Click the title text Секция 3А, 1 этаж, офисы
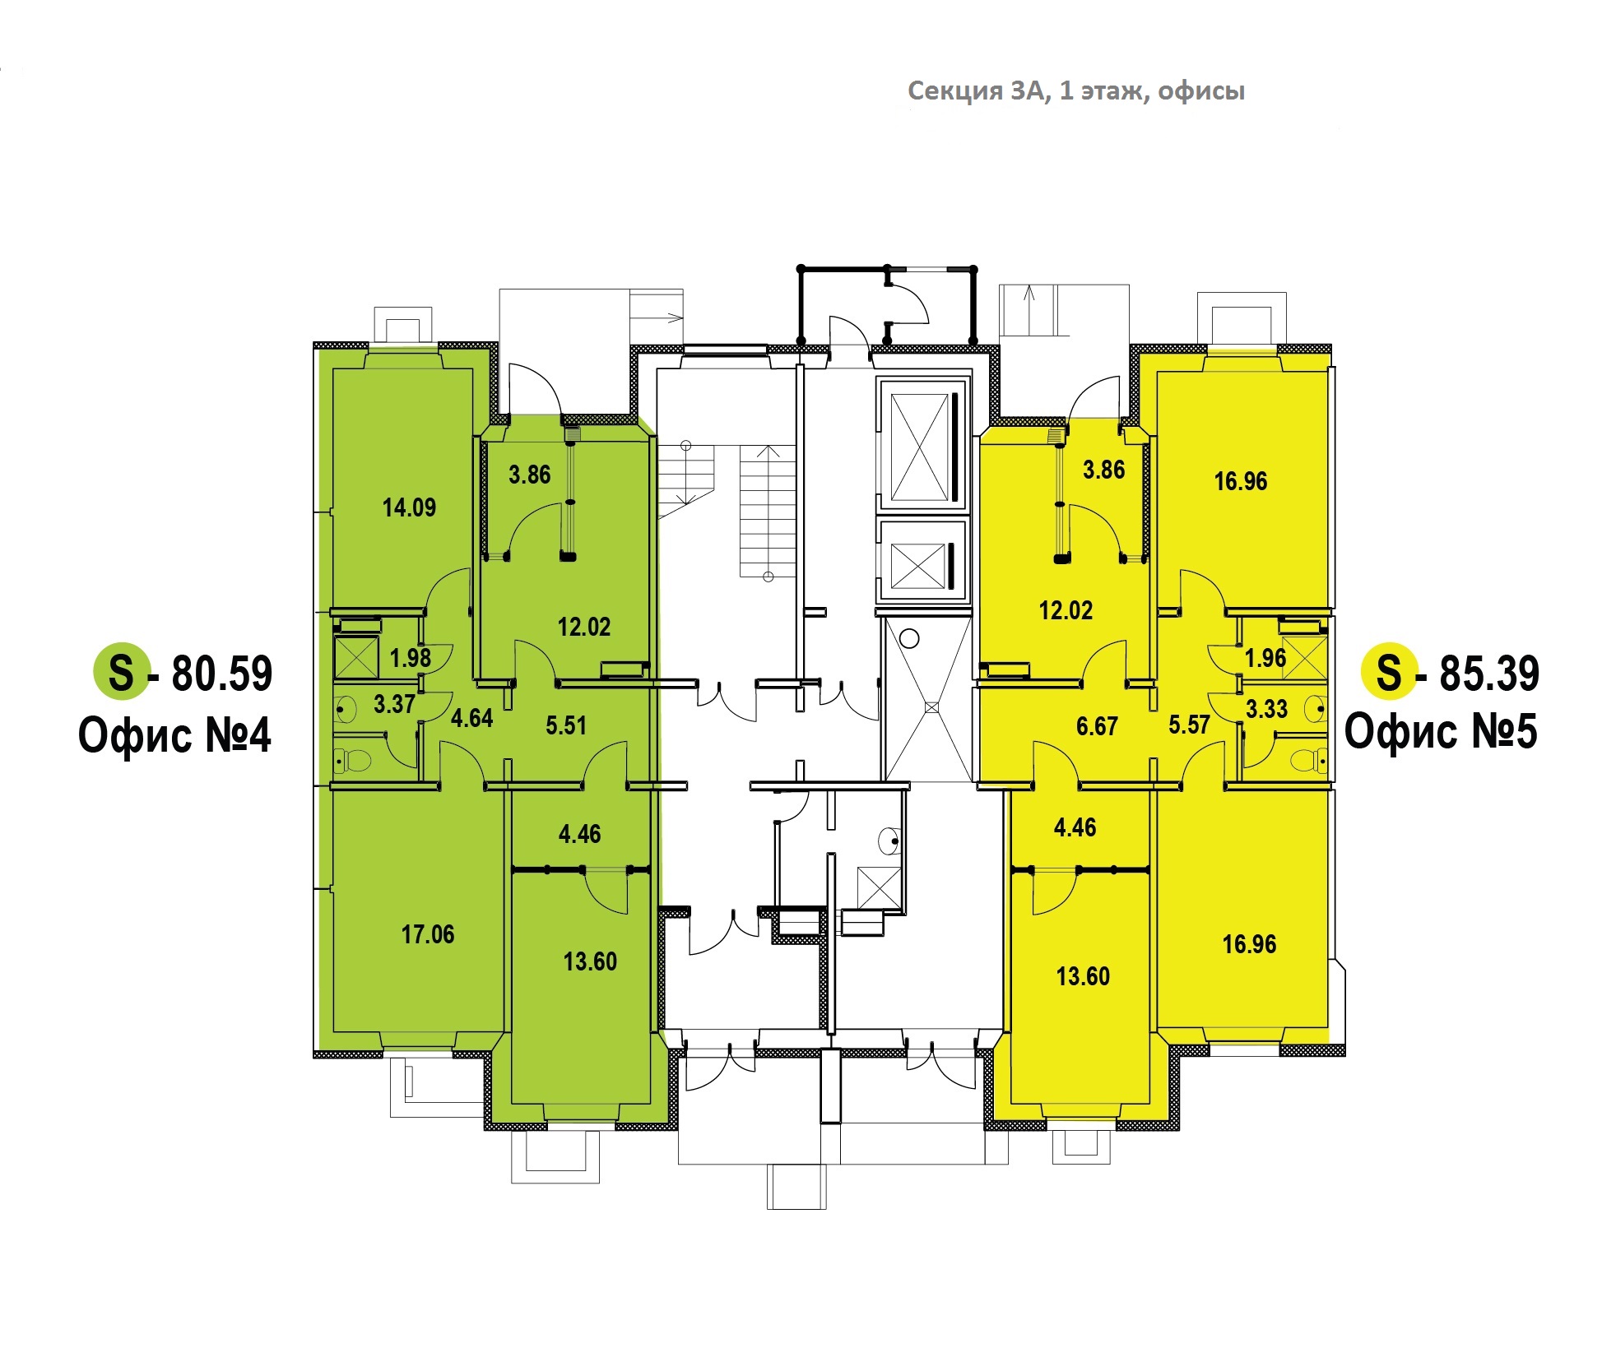click(1075, 90)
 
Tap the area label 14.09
click(409, 507)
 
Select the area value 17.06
click(428, 934)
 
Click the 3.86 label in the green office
click(529, 475)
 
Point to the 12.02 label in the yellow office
click(1066, 610)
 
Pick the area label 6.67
click(1097, 726)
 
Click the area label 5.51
click(566, 725)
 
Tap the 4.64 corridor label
click(471, 718)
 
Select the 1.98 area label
click(410, 658)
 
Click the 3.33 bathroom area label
click(1266, 709)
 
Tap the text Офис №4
click(174, 735)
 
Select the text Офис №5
click(1441, 731)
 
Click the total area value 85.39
click(1489, 674)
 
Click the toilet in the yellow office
click(1308, 758)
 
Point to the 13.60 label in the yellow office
click(1083, 976)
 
